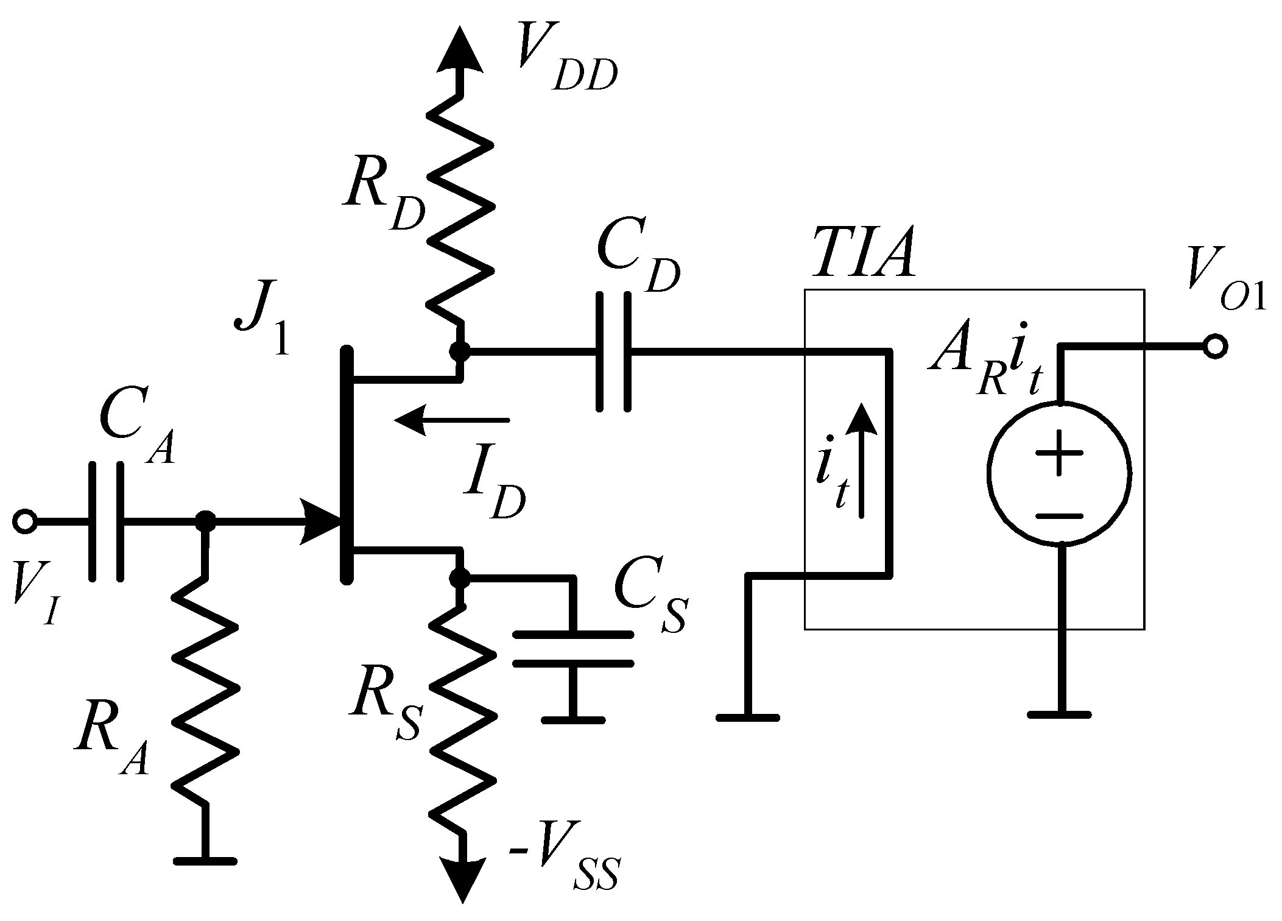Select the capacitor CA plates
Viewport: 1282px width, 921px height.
(x=107, y=521)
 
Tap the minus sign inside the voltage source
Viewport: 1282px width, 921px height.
(x=1060, y=517)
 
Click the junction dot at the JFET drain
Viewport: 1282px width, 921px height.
(x=460, y=351)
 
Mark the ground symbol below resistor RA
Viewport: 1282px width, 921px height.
(x=204, y=861)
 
